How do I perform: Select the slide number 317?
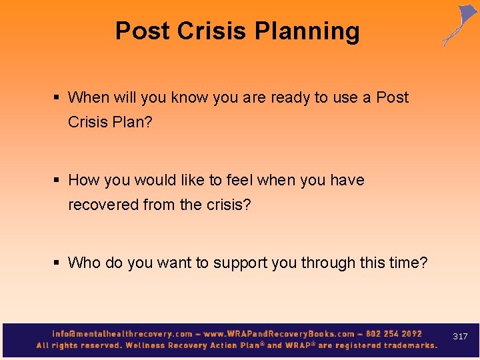[460, 337]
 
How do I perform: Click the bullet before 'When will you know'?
[58, 97]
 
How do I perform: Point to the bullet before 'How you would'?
[58, 180]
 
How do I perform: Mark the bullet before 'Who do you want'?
[58, 263]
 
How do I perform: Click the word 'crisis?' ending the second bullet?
[226, 205]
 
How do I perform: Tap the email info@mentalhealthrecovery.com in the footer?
[122, 333]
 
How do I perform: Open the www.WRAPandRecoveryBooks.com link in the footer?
[279, 333]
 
